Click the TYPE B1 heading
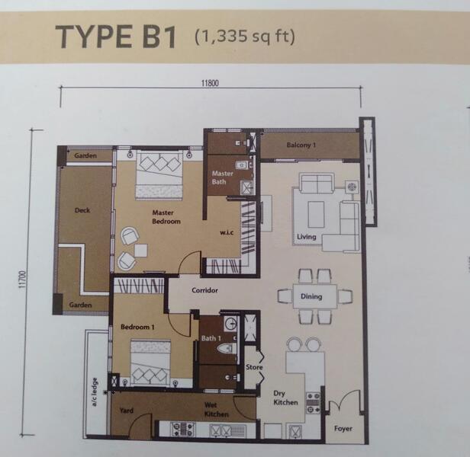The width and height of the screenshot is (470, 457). pos(116,37)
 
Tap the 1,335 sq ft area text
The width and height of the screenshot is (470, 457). pos(245,37)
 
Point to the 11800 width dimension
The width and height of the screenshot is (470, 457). pos(210,83)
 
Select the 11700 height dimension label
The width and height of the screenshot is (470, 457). pos(23,280)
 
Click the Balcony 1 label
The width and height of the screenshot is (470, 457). pos(301,145)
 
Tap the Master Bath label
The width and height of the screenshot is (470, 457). pos(223,177)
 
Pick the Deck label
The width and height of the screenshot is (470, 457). pos(82,210)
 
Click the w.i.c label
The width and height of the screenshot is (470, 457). pos(227,232)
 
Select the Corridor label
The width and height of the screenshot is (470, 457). pos(204,290)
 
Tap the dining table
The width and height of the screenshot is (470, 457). pos(314,296)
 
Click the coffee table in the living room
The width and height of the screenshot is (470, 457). pos(316,214)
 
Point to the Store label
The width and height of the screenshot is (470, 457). pos(254,367)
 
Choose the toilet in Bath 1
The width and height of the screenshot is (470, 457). pos(227,349)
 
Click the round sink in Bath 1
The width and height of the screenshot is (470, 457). pos(231,323)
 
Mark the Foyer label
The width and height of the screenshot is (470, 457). pos(343,429)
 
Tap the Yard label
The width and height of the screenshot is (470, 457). pos(127,411)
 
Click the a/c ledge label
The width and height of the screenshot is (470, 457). pos(95,392)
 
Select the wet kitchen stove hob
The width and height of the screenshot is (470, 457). pos(182,429)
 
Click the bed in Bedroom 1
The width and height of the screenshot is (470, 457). pos(151,362)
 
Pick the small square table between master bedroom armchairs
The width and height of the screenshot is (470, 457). pos(141,251)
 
